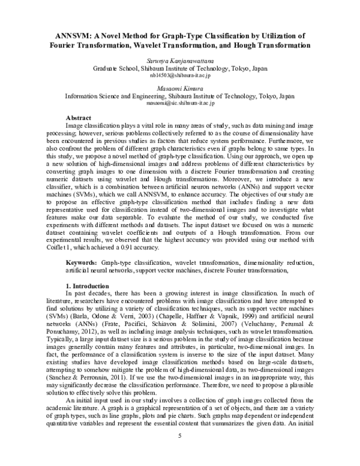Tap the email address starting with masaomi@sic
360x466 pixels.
pyautogui.click(x=180, y=103)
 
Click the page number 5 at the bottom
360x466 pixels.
pyautogui.click(x=180, y=451)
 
